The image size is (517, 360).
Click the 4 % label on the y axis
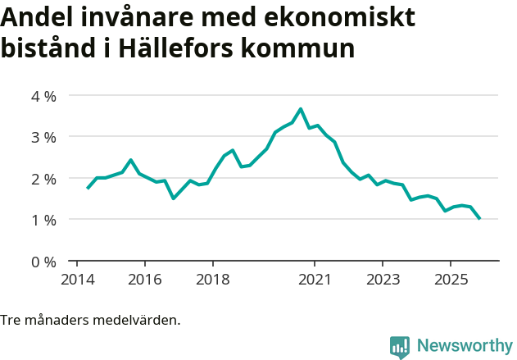(x=43, y=96)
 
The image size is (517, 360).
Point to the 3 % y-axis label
(x=43, y=137)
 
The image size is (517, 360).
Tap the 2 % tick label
(x=43, y=179)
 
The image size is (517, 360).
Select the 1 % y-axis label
(x=43, y=220)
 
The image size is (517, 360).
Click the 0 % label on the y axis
(x=43, y=262)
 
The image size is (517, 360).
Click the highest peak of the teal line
(x=301, y=109)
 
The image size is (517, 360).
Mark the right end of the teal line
(x=479, y=218)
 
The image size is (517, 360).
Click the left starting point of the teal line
(x=88, y=189)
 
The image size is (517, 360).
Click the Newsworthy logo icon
(x=400, y=347)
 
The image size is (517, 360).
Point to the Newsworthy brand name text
(x=465, y=346)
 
